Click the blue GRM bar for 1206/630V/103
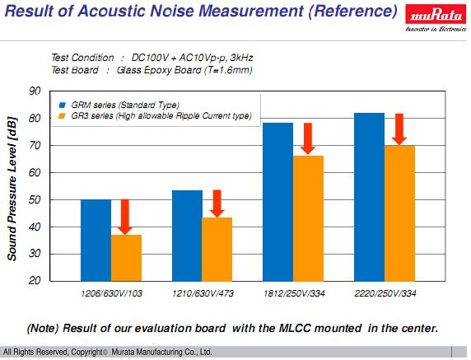coord(96,240)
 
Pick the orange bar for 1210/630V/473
coord(217,249)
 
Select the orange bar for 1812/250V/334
coord(308,217)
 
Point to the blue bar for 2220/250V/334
coord(369,196)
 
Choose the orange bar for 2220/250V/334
coord(399,213)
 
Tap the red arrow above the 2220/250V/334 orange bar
coord(399,129)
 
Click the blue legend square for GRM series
coord(63,105)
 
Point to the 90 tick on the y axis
coord(35,91)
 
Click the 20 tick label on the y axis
coord(35,281)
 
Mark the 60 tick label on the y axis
coord(35,172)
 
